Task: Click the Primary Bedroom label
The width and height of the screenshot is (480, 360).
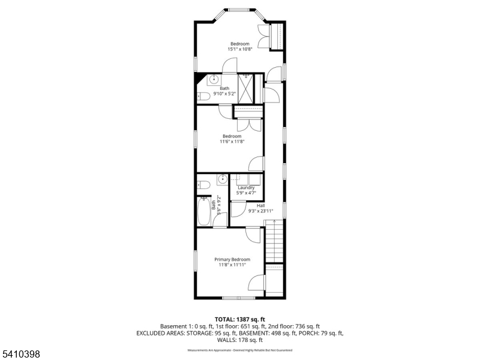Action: point(232,259)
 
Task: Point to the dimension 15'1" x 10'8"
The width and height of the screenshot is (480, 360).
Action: point(240,49)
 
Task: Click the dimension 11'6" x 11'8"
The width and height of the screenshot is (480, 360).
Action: point(232,142)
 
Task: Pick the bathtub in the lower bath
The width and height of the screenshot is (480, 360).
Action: point(204,211)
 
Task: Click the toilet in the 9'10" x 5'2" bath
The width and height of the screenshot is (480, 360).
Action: point(203,96)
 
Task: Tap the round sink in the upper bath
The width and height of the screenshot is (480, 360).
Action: point(215,80)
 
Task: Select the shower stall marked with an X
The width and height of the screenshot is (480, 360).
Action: point(246,88)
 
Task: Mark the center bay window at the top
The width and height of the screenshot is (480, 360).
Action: point(240,10)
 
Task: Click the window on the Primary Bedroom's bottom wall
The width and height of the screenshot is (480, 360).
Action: point(239,298)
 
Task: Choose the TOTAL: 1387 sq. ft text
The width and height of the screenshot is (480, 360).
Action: point(239,319)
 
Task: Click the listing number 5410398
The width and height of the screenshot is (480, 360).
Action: point(21,355)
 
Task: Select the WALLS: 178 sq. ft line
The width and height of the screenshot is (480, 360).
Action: point(239,340)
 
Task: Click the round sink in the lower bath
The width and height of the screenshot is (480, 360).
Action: point(223,178)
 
